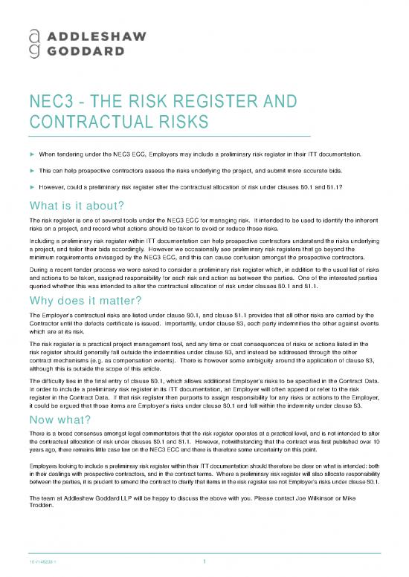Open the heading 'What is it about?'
click(x=71, y=206)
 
